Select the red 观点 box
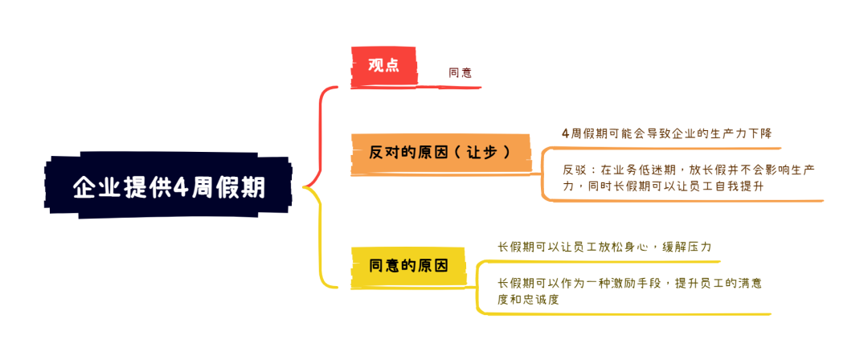[x=383, y=66]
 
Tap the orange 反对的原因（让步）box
[x=440, y=153]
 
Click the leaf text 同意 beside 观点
[x=460, y=73]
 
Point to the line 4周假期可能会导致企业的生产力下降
[x=666, y=134]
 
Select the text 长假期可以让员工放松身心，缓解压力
[x=604, y=247]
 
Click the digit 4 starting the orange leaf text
[x=565, y=134]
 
